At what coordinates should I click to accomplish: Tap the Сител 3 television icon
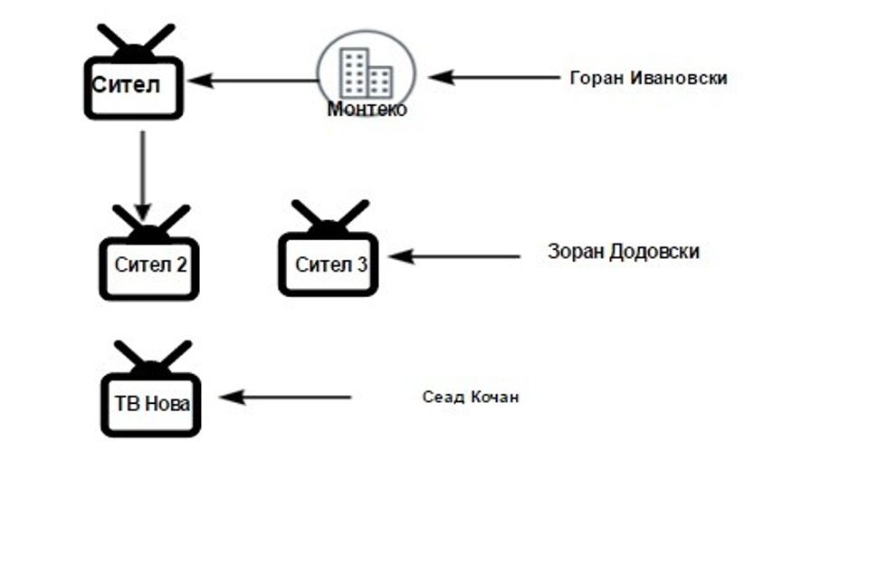tap(329, 263)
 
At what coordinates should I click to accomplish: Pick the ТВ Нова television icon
tap(150, 402)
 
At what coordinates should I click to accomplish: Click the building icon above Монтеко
tap(366, 72)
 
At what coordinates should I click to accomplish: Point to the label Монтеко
tap(367, 110)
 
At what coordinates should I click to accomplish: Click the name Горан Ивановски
tap(648, 78)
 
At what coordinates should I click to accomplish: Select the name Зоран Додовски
tap(623, 252)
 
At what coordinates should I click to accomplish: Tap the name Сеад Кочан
tap(471, 397)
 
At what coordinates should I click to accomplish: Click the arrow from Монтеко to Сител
tap(253, 80)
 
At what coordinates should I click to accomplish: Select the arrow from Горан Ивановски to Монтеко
tap(494, 78)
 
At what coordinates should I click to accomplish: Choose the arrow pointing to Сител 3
tap(454, 256)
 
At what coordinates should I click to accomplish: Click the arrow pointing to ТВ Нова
tap(285, 397)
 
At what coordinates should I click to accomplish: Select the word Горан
tap(592, 78)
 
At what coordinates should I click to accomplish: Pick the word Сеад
tap(443, 397)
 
